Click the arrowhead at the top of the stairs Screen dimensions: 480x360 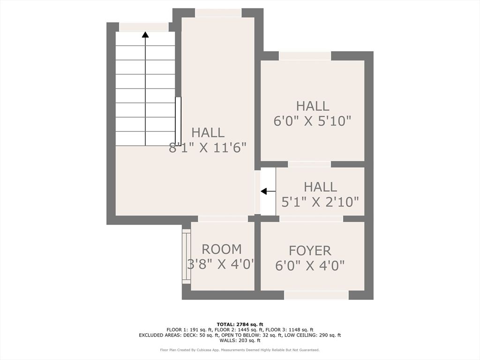[x=145, y=34]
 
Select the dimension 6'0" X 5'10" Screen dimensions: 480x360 [x=312, y=120]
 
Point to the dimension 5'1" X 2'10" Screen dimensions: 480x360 [x=320, y=202]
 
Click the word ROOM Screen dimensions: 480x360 [x=222, y=249]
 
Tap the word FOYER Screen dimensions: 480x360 [x=310, y=251]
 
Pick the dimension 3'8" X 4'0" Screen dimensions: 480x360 [x=221, y=264]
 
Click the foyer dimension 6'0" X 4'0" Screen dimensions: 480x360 [x=310, y=265]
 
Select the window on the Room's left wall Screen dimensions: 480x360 [x=186, y=256]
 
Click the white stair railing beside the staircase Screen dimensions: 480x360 [x=178, y=121]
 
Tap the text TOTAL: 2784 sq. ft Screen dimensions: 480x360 [x=240, y=324]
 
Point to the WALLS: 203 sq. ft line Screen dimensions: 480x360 [x=240, y=340]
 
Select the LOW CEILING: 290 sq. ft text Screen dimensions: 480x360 [x=313, y=335]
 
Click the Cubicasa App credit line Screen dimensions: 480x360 [x=240, y=350]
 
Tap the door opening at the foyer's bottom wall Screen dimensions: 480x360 [x=316, y=295]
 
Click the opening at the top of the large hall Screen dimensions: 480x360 [x=218, y=13]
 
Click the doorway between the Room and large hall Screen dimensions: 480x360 [x=223, y=218]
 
